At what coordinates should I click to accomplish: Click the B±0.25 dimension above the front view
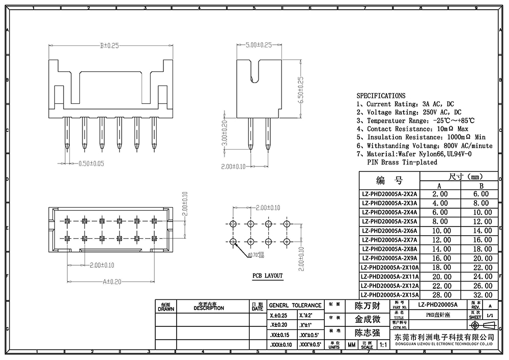click(109, 45)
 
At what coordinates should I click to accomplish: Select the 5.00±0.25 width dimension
click(258, 45)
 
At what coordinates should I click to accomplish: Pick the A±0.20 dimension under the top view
click(111, 281)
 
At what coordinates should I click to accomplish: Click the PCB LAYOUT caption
click(267, 275)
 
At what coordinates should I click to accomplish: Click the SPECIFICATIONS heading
click(381, 95)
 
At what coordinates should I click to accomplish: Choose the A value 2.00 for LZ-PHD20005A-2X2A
click(440, 194)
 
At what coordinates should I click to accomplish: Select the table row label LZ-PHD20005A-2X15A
click(389, 295)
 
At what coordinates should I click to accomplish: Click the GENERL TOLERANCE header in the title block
click(295, 305)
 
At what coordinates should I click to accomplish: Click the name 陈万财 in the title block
click(367, 306)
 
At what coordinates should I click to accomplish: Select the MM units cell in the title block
click(351, 345)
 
